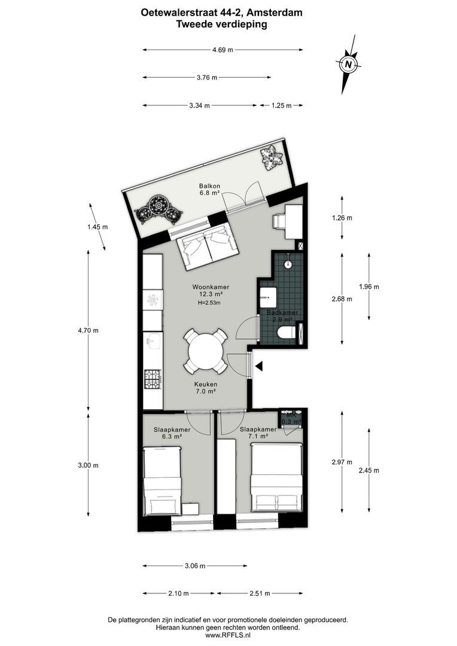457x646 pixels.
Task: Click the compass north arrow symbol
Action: click(x=348, y=63)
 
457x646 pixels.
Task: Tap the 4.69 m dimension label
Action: click(x=223, y=50)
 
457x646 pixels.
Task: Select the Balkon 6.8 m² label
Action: click(x=210, y=190)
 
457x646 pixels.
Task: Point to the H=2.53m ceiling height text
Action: click(x=209, y=303)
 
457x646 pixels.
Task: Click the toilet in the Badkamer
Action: click(x=287, y=333)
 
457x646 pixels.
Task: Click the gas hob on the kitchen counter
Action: click(x=153, y=377)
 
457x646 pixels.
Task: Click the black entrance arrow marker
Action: click(x=258, y=365)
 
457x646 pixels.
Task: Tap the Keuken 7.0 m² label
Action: click(x=205, y=388)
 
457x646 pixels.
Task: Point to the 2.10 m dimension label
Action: click(x=178, y=593)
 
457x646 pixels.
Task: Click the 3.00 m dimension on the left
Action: click(x=89, y=465)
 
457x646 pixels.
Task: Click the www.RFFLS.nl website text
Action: click(x=228, y=636)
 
